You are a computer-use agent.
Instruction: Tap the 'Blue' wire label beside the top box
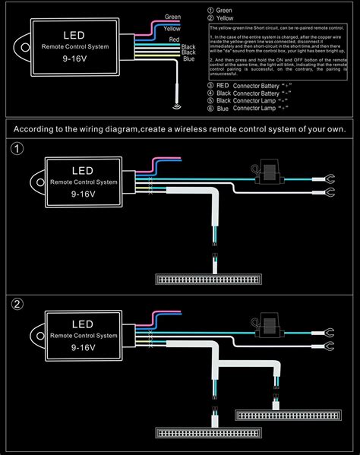189,59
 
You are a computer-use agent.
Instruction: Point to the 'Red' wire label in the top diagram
174,38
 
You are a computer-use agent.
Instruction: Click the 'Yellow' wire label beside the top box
172,27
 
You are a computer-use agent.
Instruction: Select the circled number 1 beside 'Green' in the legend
210,10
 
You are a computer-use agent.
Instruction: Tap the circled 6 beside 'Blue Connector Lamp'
210,109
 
